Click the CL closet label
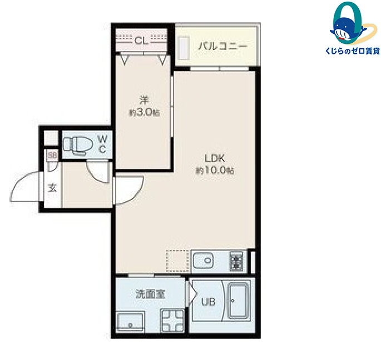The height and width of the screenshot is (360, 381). pyautogui.click(x=141, y=41)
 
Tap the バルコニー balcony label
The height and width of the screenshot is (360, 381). pyautogui.click(x=222, y=46)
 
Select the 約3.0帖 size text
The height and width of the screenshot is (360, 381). pyautogui.click(x=144, y=112)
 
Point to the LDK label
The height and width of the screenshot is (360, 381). pyautogui.click(x=215, y=158)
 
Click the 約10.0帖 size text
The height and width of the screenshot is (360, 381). pyautogui.click(x=215, y=171)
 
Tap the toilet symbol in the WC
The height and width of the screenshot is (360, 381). pyautogui.click(x=77, y=146)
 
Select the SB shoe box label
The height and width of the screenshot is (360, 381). pyautogui.click(x=52, y=154)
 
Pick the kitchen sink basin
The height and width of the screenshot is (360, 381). pyautogui.click(x=204, y=261)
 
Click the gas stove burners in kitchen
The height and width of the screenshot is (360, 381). pyautogui.click(x=236, y=261)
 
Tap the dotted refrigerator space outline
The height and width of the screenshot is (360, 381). pyautogui.click(x=177, y=261)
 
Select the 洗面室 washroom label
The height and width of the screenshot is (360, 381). pyautogui.click(x=151, y=294)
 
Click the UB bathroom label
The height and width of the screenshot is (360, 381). pyautogui.click(x=208, y=302)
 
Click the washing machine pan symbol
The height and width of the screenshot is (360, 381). pyautogui.click(x=173, y=321)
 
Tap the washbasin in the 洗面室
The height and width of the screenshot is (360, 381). pyautogui.click(x=131, y=323)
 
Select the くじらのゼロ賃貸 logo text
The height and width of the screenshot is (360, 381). pyautogui.click(x=352, y=51)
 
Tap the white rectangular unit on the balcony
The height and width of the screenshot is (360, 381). pyautogui.click(x=184, y=48)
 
